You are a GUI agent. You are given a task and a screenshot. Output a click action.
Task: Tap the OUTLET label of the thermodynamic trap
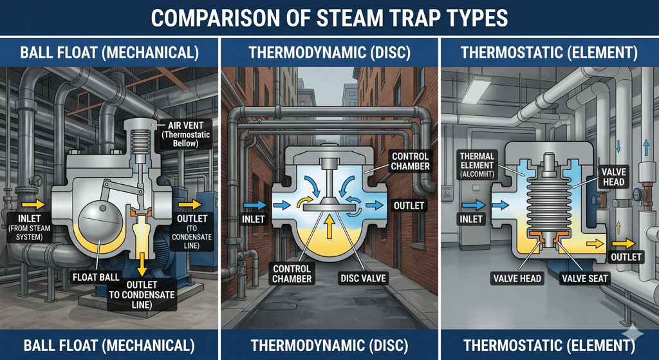point(408,206)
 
